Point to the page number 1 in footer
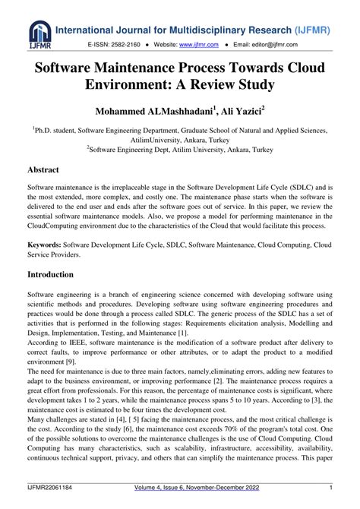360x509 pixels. [331, 488]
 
